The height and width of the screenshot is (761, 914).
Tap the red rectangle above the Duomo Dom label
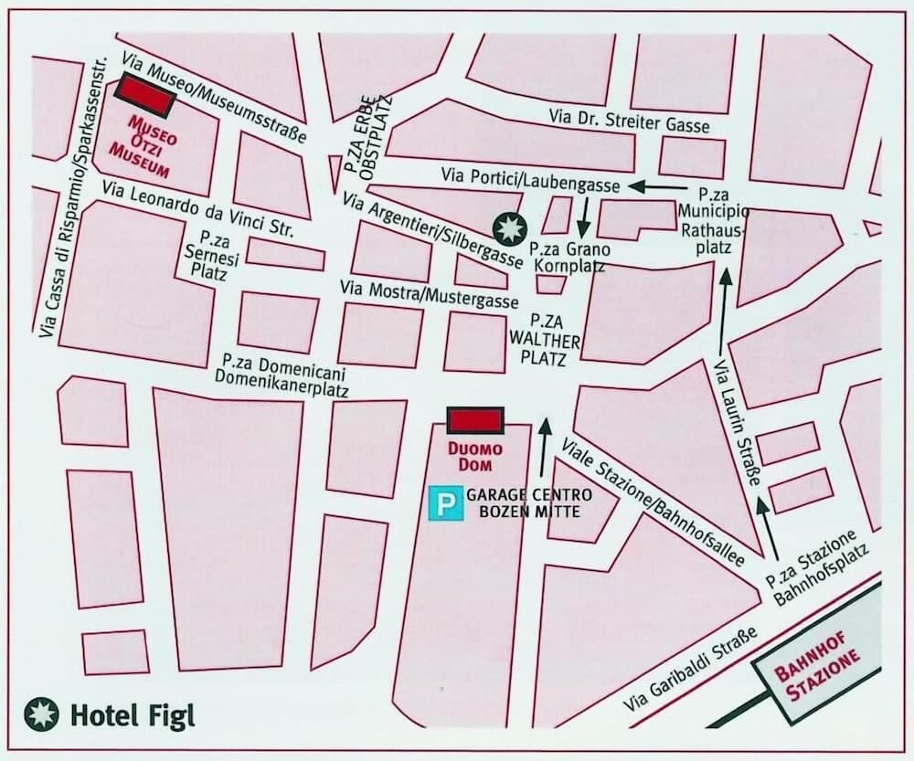475,420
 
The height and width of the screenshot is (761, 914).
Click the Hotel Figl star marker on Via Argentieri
506,226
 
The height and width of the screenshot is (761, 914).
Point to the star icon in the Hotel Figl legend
42,714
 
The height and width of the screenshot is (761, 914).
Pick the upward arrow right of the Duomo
547,447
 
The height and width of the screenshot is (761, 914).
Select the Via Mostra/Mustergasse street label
428,294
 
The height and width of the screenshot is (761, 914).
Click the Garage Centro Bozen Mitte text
529,503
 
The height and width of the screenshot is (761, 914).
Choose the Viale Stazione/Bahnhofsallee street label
653,502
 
